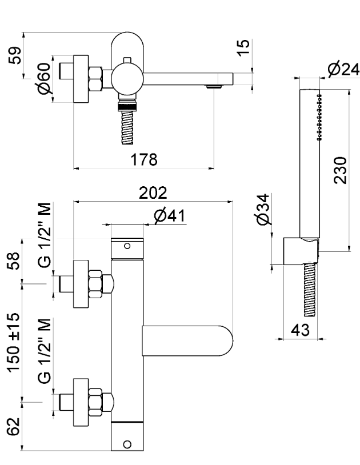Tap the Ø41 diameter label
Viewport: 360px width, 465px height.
168,216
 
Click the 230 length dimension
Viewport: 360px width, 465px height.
339,170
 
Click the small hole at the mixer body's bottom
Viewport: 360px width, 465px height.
127,444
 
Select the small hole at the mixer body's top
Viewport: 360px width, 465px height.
127,246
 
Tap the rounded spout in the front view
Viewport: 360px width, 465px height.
189,339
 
